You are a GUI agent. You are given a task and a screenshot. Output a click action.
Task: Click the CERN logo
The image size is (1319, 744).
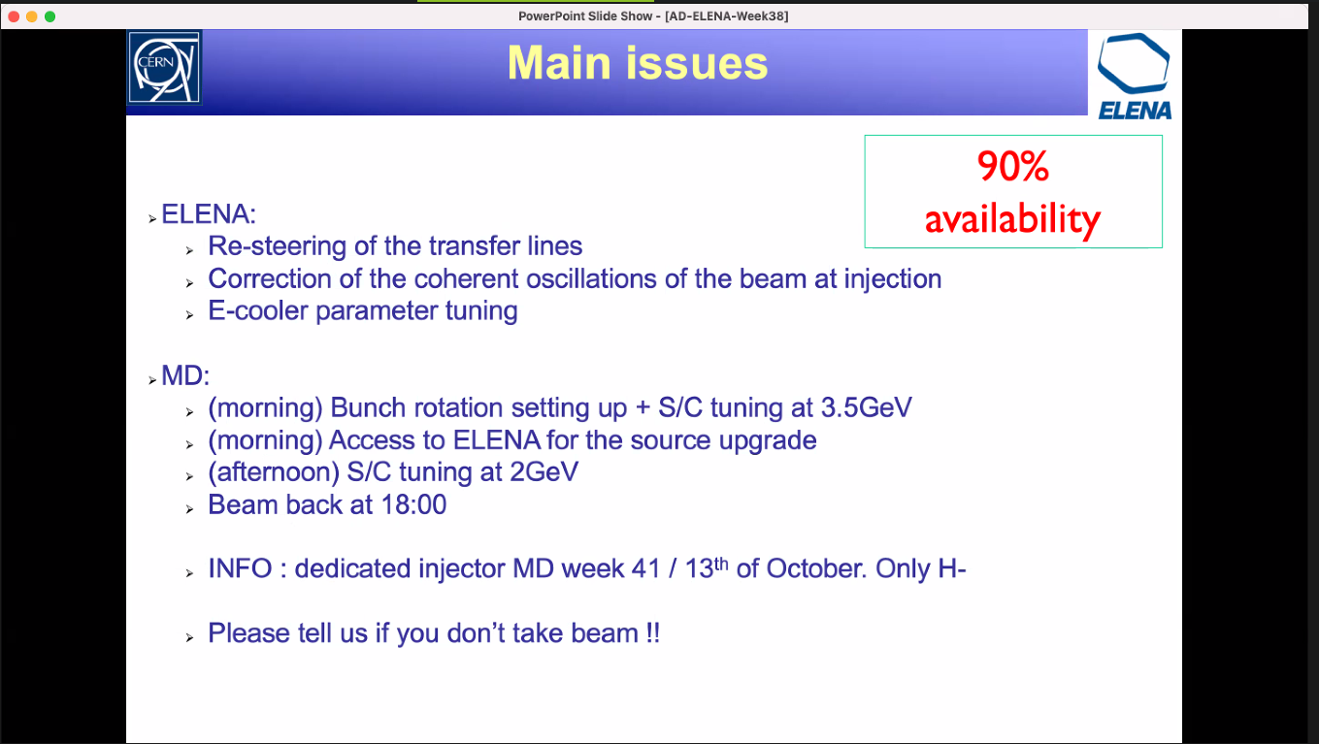click(x=164, y=68)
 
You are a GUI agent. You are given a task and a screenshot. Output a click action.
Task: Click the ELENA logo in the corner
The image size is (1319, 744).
click(x=1135, y=77)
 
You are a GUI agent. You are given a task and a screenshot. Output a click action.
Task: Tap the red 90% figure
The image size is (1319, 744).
click(x=1013, y=166)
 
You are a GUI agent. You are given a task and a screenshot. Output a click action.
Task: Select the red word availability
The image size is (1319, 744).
click(x=1013, y=219)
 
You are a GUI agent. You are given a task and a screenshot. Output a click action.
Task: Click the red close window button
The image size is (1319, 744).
click(x=15, y=16)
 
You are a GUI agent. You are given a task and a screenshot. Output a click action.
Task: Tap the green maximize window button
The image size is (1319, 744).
click(x=50, y=16)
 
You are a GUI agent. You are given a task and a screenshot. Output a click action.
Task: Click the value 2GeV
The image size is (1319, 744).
click(x=544, y=472)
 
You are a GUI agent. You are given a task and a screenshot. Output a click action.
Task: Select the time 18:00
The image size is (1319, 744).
click(x=414, y=504)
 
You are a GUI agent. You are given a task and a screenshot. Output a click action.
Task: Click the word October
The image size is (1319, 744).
click(x=816, y=568)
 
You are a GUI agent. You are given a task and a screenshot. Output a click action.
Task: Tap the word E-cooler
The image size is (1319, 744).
click(x=258, y=310)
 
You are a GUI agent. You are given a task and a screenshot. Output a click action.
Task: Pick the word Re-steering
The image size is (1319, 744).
click(x=277, y=246)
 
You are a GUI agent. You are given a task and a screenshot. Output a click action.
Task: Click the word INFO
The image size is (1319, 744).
click(x=241, y=568)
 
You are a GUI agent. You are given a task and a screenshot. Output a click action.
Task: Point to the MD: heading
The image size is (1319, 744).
click(x=185, y=375)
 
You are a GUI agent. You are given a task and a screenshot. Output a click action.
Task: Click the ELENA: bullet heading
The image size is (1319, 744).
click(x=209, y=213)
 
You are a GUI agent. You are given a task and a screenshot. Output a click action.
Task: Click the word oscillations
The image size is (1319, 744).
click(x=591, y=278)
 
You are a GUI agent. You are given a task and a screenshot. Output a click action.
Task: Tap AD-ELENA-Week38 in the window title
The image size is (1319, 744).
click(x=727, y=16)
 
